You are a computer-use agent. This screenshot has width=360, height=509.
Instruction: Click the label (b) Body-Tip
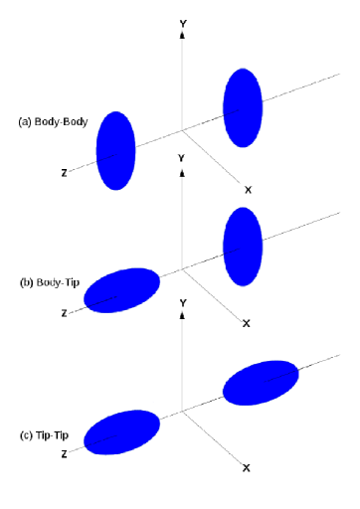point(51,281)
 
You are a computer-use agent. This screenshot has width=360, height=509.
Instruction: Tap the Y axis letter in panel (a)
point(182,21)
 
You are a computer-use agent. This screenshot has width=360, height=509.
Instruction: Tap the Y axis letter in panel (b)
point(181,158)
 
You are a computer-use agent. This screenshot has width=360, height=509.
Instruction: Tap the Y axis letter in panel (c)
point(182,300)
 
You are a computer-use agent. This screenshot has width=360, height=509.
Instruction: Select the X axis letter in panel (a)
point(248,189)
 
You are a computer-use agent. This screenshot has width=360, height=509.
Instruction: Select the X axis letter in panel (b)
point(246,323)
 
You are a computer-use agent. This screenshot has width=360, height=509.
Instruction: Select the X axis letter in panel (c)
point(246,467)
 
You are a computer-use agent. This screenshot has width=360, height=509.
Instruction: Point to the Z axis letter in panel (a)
point(65,173)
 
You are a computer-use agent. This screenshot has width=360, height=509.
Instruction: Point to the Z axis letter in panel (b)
point(65,313)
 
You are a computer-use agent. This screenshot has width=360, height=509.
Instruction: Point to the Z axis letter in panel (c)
point(65,454)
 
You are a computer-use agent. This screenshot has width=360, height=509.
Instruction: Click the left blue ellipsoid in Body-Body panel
point(115,151)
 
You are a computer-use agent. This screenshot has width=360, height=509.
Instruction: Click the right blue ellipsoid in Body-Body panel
point(243,107)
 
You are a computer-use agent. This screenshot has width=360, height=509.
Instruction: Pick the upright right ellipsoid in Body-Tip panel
point(243,245)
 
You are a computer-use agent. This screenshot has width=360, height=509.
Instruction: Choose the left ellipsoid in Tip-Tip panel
point(121,433)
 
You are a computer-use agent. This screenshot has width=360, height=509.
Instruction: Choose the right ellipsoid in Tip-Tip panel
point(261,383)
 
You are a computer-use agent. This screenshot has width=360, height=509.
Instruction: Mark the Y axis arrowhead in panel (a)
point(182,35)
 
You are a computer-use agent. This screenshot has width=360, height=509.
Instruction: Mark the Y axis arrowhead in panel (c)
point(182,315)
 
